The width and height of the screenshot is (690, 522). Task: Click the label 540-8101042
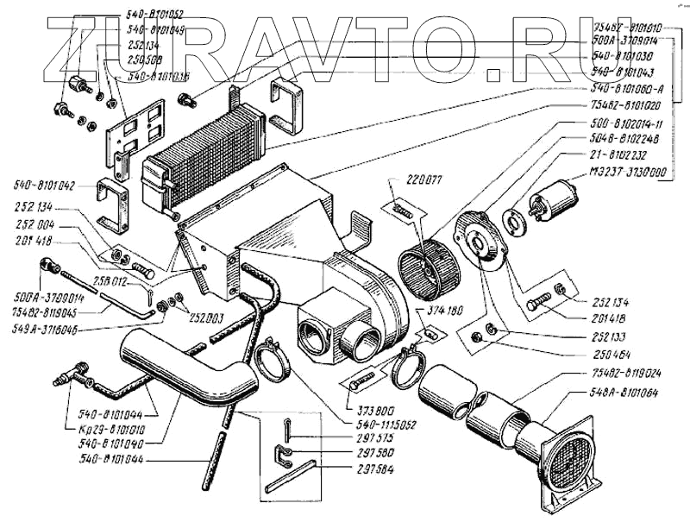click(x=45, y=186)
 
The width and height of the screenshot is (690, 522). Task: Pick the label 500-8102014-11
click(x=626, y=123)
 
